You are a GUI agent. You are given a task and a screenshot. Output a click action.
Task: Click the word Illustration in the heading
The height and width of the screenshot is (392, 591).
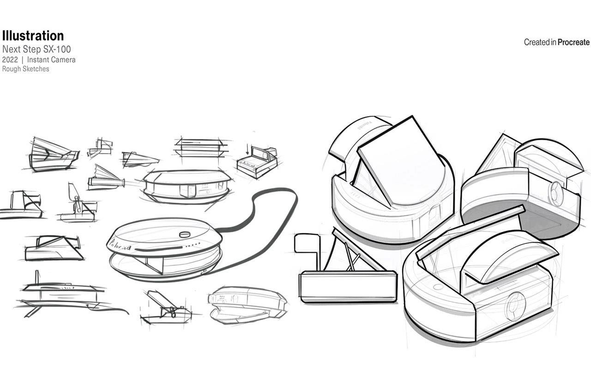[x=33, y=36]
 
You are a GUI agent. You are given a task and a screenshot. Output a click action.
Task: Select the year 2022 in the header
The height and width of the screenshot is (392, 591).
[x=10, y=60]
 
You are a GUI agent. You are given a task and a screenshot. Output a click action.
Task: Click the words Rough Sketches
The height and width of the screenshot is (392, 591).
[x=25, y=69]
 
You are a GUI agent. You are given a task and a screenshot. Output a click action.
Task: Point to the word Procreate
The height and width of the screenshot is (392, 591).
[x=573, y=42]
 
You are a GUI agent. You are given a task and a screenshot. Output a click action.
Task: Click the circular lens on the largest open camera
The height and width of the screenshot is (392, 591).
[x=513, y=306]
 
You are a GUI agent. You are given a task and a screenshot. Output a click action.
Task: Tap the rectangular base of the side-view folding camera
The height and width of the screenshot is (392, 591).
[x=348, y=286]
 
